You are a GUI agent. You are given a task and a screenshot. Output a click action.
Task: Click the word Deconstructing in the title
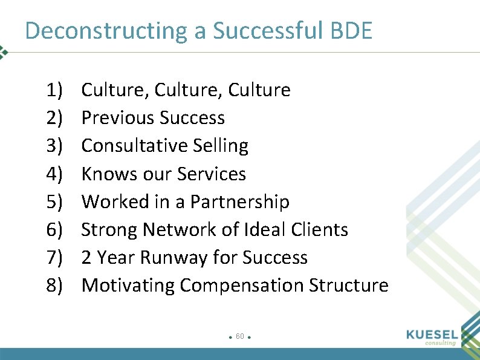tap(107, 31)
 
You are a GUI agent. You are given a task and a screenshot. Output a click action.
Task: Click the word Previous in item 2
tap(114, 118)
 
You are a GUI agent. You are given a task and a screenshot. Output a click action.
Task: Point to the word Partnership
tap(240, 201)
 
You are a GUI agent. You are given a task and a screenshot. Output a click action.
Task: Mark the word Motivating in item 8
tap(127, 285)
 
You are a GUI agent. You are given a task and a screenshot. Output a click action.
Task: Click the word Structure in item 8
tap(349, 285)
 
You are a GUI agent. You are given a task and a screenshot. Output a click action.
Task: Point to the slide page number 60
tap(240, 336)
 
